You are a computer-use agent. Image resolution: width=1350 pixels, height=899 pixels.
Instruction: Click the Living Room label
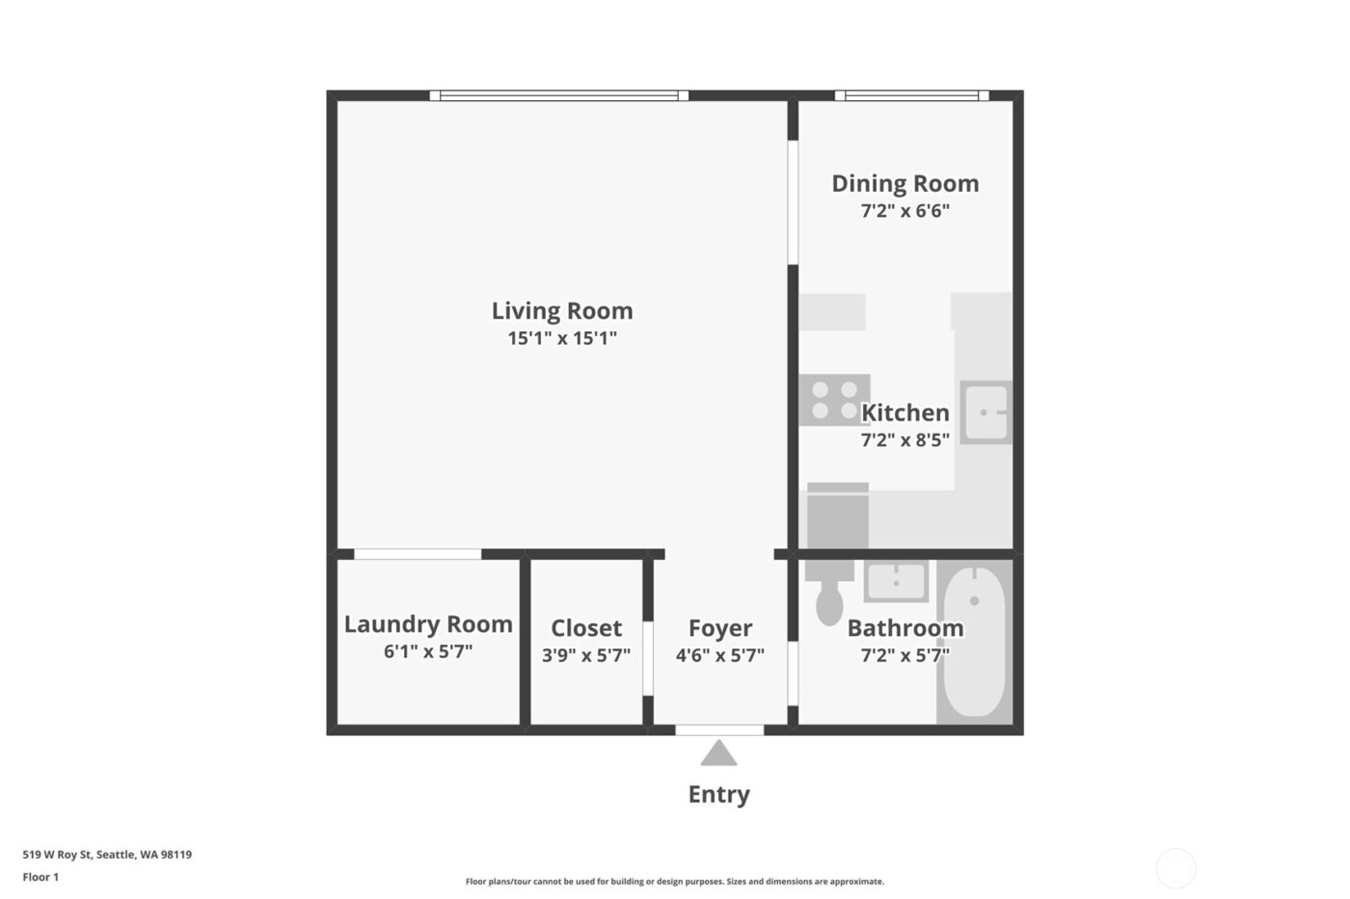point(562,311)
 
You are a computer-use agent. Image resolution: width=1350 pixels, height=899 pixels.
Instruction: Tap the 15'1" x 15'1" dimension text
point(562,338)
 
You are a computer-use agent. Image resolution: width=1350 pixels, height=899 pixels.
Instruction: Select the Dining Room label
point(905,184)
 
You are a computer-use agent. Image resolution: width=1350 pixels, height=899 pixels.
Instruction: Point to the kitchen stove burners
point(834,400)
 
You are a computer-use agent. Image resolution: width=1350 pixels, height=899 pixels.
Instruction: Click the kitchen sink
point(985,412)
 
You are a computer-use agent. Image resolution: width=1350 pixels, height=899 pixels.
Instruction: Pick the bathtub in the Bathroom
point(974,641)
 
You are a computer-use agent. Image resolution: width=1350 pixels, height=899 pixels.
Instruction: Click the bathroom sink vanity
point(896,581)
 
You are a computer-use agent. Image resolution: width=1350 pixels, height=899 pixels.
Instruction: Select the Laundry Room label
point(428,624)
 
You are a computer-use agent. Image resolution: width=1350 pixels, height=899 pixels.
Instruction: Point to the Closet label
point(586,628)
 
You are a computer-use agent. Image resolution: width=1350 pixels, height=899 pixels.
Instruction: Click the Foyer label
point(720,628)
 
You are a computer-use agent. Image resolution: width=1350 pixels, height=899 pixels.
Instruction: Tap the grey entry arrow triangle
point(718,754)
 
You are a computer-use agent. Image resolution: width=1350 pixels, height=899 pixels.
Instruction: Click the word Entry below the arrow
point(718,795)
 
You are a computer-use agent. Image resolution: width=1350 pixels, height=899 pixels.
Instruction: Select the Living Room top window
point(559,95)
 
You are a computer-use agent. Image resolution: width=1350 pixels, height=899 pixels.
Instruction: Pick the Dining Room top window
point(911,95)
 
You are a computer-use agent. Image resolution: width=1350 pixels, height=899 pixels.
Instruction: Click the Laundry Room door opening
point(418,554)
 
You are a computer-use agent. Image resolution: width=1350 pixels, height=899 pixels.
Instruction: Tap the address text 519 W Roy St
point(107,855)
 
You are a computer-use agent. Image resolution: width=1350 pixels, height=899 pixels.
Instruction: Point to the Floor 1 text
point(40,878)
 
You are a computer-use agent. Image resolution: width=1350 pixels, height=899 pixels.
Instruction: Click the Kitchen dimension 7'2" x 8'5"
point(904,440)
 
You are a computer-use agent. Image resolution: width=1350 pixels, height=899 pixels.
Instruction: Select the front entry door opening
point(719,730)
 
